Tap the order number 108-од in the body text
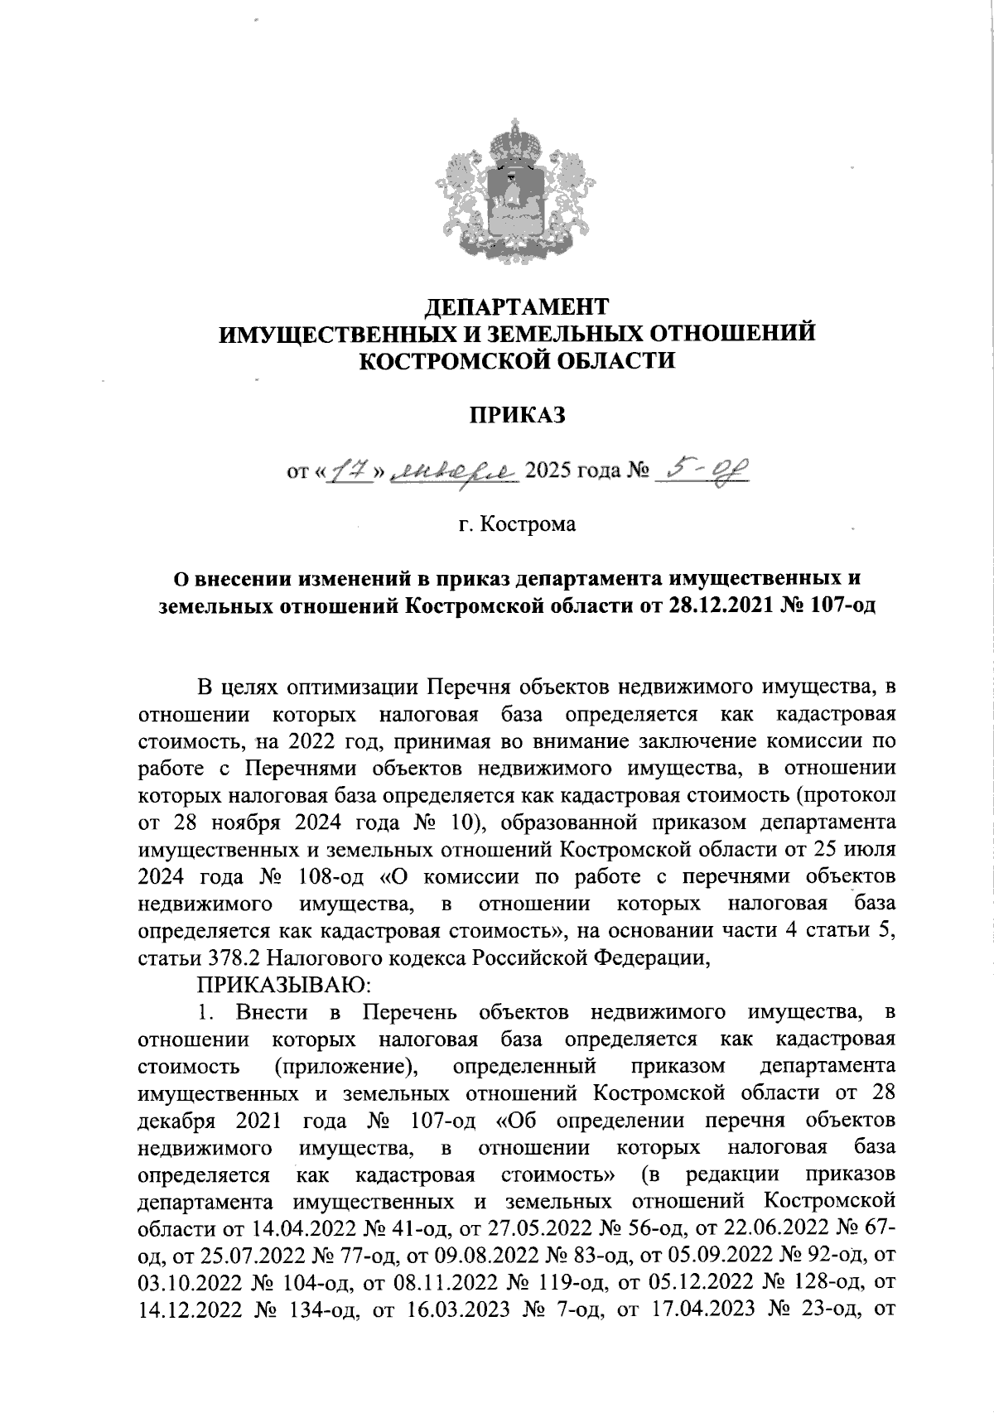pos(331,877)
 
